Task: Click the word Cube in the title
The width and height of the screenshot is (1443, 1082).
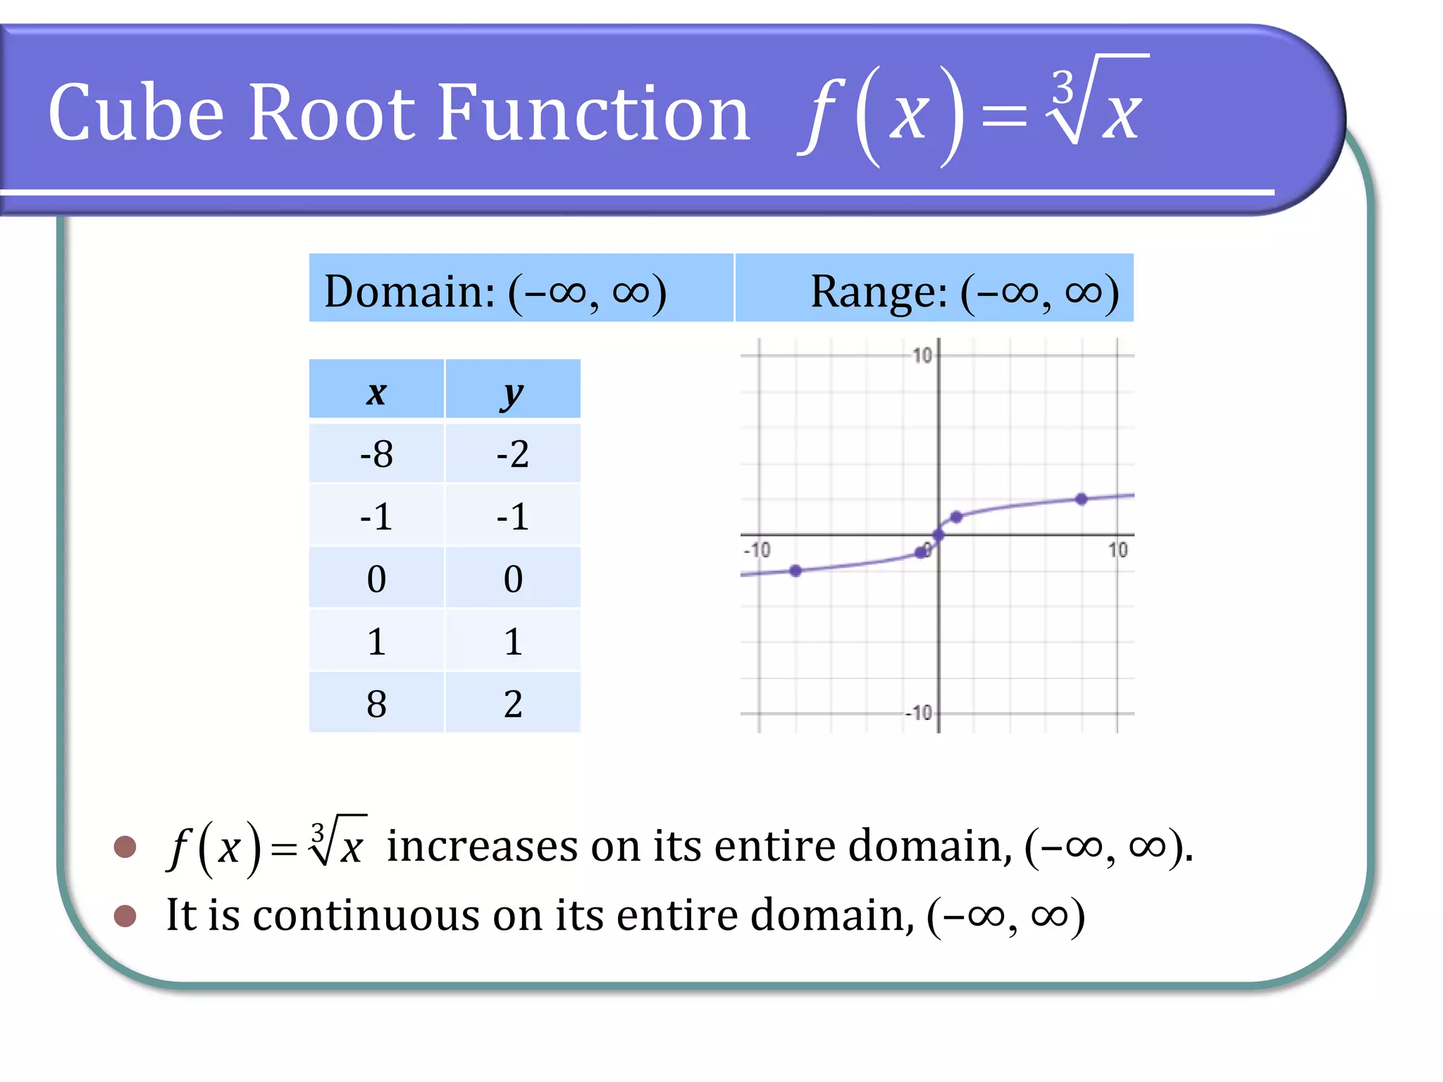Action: point(136,113)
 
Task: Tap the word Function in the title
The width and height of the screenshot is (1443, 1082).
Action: point(593,113)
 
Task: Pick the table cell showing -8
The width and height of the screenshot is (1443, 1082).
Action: point(376,454)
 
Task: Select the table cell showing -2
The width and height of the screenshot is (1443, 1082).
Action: point(512,454)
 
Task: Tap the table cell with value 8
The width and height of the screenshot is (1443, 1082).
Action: point(376,704)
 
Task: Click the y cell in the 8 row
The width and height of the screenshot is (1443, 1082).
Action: point(512,704)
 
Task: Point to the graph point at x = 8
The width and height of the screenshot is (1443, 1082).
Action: point(1082,499)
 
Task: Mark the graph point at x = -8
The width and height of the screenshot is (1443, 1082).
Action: point(795,571)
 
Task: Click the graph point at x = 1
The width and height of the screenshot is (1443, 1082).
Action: point(956,517)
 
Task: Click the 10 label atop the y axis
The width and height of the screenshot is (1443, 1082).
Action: point(922,355)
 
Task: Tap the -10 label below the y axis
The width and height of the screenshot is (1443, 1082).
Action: point(919,713)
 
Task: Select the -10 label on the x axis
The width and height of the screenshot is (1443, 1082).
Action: point(757,549)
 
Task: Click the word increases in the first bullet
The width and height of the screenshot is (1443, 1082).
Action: point(483,846)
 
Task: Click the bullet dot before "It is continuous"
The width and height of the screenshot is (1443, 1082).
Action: point(125,916)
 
